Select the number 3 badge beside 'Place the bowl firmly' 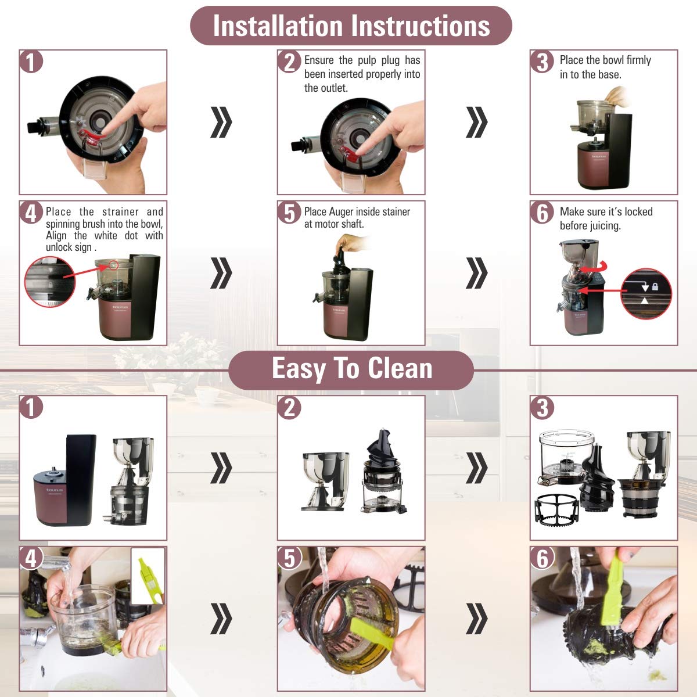point(542,62)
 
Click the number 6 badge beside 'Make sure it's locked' point(542,213)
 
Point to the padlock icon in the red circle point(655,287)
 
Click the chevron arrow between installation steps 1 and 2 point(221,122)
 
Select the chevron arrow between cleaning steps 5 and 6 point(477,619)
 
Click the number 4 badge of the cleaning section point(31,558)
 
